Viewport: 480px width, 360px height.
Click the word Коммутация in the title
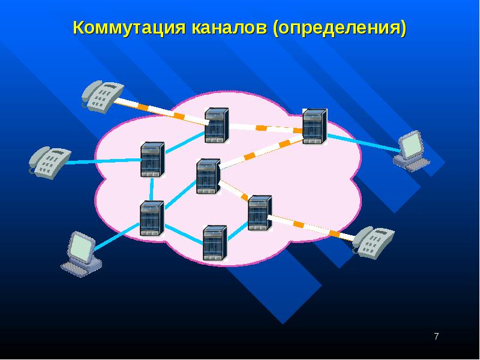[x=129, y=28]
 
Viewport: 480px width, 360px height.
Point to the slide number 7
[x=436, y=336]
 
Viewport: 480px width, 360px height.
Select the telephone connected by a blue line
[x=50, y=162]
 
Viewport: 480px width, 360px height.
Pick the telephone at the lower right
[x=373, y=242]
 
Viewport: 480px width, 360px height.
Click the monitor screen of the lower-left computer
[x=81, y=247]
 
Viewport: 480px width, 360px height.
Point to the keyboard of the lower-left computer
[x=76, y=269]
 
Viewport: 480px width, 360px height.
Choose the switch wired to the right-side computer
[x=314, y=126]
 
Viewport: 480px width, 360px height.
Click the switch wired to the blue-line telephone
[x=152, y=160]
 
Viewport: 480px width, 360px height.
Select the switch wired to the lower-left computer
[x=152, y=218]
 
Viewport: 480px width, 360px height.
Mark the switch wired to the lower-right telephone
[x=260, y=213]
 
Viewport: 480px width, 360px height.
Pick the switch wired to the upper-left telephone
[x=217, y=125]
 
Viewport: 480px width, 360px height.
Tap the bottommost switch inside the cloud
[x=215, y=243]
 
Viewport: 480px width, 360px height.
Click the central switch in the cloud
[x=208, y=176]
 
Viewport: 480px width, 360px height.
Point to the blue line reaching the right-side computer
[x=364, y=143]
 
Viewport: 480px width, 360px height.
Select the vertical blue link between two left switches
[x=152, y=189]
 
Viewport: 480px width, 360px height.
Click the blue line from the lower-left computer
[x=117, y=237]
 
